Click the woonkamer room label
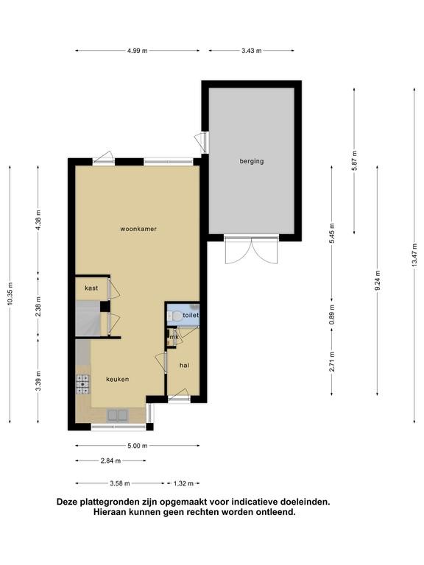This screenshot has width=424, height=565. [138, 229]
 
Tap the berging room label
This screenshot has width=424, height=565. [252, 161]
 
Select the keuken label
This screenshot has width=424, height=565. [118, 379]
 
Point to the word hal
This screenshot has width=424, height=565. [184, 366]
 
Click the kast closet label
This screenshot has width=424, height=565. [91, 288]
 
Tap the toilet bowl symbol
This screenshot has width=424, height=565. [175, 316]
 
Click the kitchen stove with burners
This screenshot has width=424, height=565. [82, 384]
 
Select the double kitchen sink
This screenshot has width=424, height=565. [118, 415]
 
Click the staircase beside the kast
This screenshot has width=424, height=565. [88, 319]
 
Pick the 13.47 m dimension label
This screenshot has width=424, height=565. [414, 255]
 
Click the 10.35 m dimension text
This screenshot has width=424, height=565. [10, 294]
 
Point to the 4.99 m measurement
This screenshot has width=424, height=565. [138, 51]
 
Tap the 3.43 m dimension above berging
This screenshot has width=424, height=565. [251, 51]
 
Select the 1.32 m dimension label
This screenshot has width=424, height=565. [183, 483]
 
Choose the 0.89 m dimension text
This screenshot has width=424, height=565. [332, 315]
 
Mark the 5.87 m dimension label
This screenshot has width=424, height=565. [354, 160]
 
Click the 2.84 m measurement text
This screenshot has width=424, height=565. [110, 461]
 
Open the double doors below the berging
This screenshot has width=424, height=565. [251, 249]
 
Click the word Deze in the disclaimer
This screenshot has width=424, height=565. [68, 502]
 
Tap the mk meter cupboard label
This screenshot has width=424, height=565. [174, 337]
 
